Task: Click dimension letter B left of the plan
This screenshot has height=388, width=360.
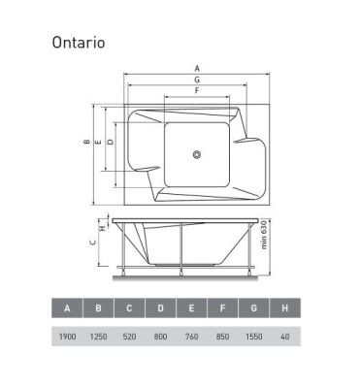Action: (x=86, y=144)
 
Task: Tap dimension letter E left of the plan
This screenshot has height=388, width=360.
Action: (x=98, y=144)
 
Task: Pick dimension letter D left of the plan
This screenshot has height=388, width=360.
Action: (x=110, y=143)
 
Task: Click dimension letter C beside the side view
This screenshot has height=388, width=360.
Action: (x=94, y=245)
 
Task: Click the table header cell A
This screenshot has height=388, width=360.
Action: (x=67, y=308)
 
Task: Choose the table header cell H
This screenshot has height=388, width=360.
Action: (x=284, y=308)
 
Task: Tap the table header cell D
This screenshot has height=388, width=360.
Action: (x=160, y=308)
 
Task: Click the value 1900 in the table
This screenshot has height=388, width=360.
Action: (x=67, y=336)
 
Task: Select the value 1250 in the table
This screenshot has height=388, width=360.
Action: (x=98, y=336)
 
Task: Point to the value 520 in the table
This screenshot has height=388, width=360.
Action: (x=129, y=336)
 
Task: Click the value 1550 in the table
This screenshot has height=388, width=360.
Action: (x=253, y=336)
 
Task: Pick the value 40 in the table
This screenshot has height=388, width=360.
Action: (x=284, y=336)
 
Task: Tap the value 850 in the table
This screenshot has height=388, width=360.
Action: (x=222, y=336)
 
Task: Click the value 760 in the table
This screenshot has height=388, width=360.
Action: (x=191, y=336)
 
